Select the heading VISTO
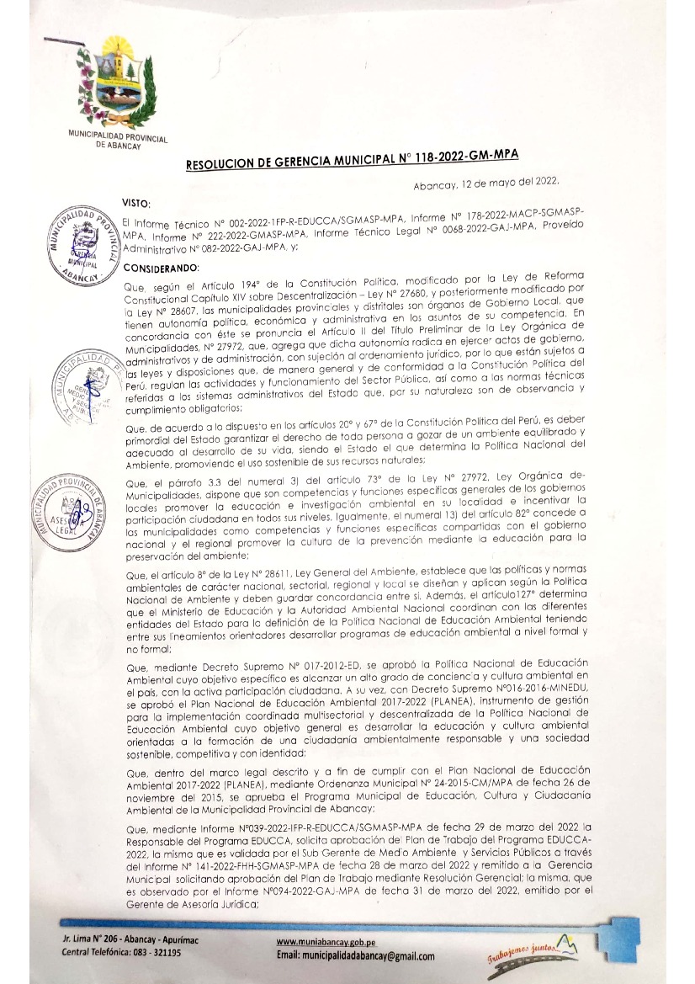point(136,202)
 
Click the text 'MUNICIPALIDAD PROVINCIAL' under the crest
point(117,138)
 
